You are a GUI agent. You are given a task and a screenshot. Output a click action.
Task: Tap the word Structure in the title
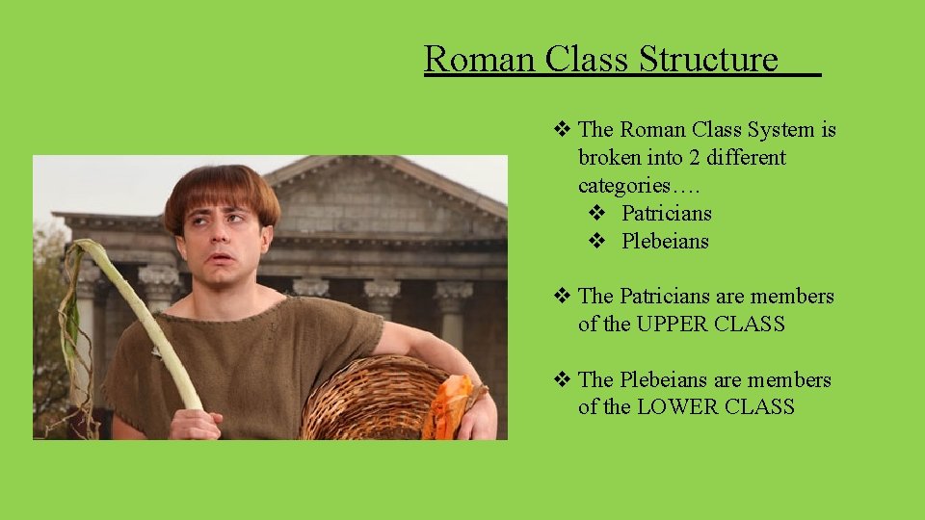(708, 60)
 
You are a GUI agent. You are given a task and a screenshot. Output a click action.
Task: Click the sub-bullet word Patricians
(666, 213)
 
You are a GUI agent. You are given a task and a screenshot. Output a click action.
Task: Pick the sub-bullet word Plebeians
(665, 241)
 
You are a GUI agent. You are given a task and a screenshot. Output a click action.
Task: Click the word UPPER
(672, 325)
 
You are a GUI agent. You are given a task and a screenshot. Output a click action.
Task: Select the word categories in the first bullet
(628, 185)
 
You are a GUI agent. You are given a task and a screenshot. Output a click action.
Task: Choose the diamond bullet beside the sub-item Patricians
(596, 213)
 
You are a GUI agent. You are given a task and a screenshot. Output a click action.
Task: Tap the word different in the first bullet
(749, 157)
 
